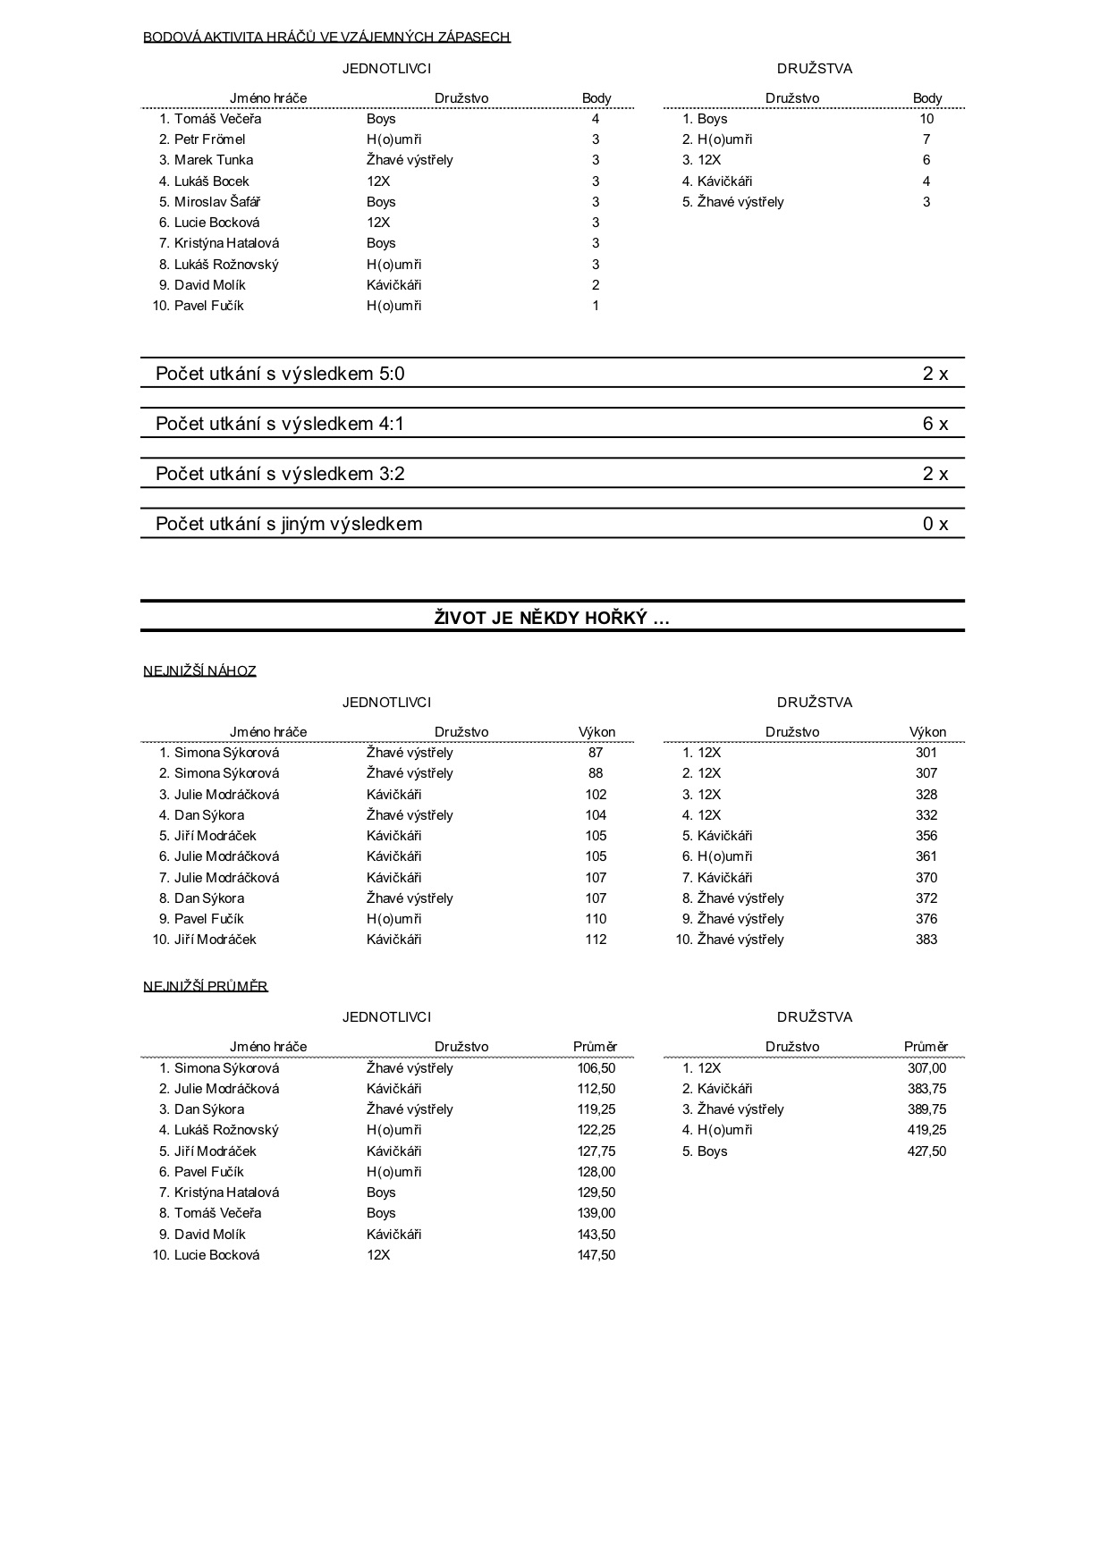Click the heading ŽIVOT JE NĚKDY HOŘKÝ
coord(552,618)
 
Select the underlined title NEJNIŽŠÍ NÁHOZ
coord(199,670)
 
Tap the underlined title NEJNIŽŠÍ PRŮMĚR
coord(206,986)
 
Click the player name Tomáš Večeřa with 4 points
coord(217,119)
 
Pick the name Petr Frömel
coord(209,139)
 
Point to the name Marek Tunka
coord(213,160)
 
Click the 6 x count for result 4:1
coord(935,424)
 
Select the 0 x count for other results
coord(935,524)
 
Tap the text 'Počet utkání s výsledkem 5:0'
coord(280,374)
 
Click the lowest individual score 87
coord(596,753)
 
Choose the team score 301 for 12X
coord(926,753)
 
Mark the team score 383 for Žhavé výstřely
coord(926,940)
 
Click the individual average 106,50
coord(596,1068)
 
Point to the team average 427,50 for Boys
coord(926,1151)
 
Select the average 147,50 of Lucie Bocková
coord(596,1255)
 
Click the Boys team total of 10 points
coord(926,119)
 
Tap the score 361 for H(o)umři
coord(926,856)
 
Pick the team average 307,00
coord(926,1068)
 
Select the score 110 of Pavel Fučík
coord(596,919)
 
